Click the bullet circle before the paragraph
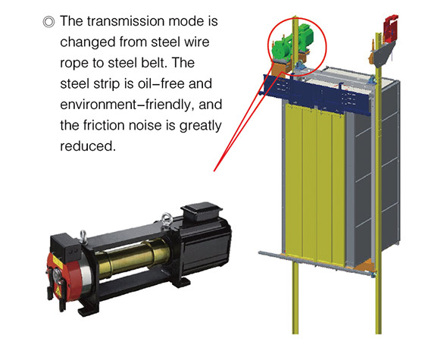click(48, 22)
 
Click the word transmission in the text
click(126, 21)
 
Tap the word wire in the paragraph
click(197, 42)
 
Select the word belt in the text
click(155, 63)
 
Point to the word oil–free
click(161, 83)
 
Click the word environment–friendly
click(125, 105)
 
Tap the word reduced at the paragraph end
click(88, 146)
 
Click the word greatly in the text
click(201, 126)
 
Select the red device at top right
click(390, 27)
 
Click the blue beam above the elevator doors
click(317, 94)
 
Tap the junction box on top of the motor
click(202, 212)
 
